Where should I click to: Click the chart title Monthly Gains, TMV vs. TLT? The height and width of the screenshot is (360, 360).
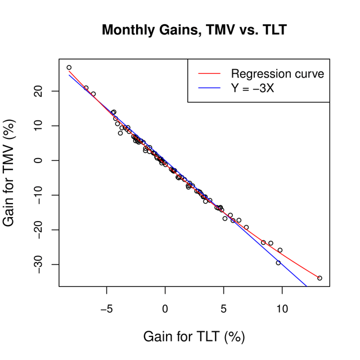point(194,30)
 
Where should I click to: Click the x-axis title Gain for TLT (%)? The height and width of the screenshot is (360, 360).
point(194,336)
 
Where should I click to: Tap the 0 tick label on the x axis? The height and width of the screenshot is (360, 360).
point(165,308)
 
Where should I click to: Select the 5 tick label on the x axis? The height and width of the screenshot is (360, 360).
point(223,308)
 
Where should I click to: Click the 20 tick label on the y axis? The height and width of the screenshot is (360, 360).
point(38,91)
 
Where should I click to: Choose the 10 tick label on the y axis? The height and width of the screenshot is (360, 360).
point(38,125)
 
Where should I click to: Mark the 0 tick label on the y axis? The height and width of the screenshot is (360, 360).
point(38,160)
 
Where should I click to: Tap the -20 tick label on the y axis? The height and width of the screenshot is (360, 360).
point(38,229)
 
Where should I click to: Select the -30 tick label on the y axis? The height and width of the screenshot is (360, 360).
point(38,264)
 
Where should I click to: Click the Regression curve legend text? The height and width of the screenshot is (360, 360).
point(277,74)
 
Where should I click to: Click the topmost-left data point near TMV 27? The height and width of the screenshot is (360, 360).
point(69,67)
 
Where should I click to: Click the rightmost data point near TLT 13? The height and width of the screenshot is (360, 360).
point(319,278)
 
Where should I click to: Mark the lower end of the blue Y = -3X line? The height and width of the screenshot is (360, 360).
point(307,286)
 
